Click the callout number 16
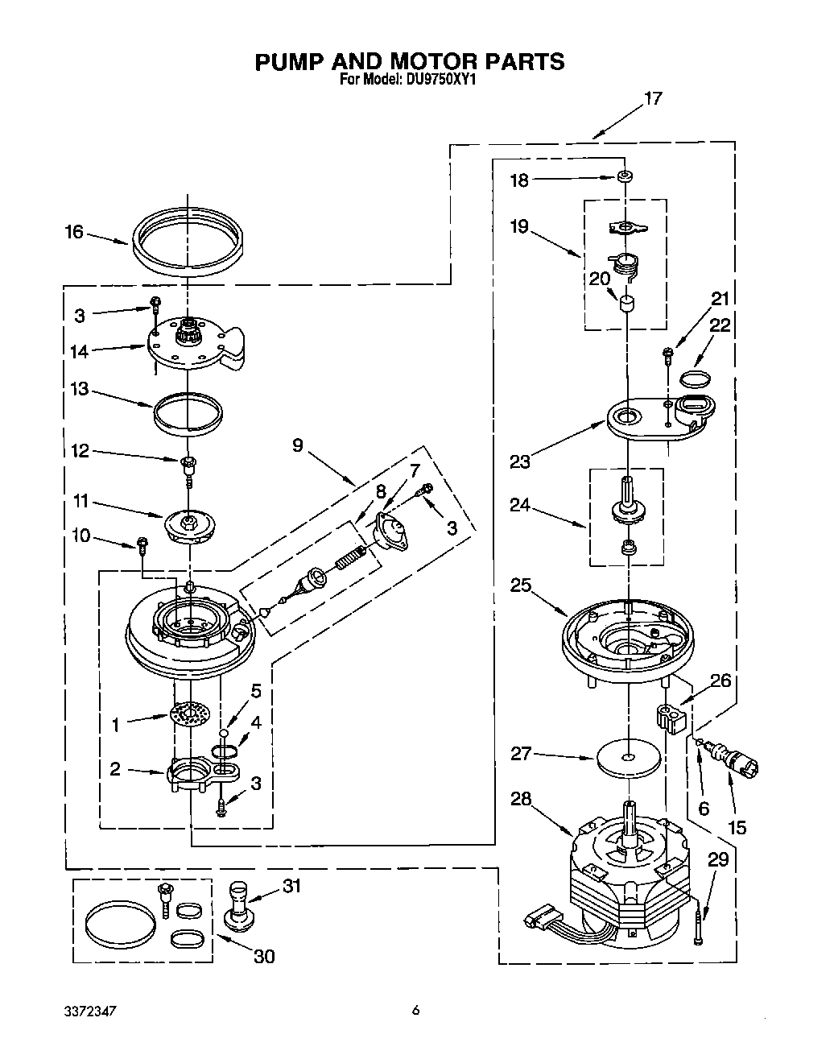tap(73, 232)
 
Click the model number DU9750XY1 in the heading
tap(443, 80)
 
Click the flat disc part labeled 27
tap(629, 758)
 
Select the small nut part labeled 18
tap(624, 176)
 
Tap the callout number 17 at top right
tap(652, 98)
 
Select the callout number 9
tap(298, 445)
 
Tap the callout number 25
tap(521, 585)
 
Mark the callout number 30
tap(264, 956)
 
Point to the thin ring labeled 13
tap(188, 413)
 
